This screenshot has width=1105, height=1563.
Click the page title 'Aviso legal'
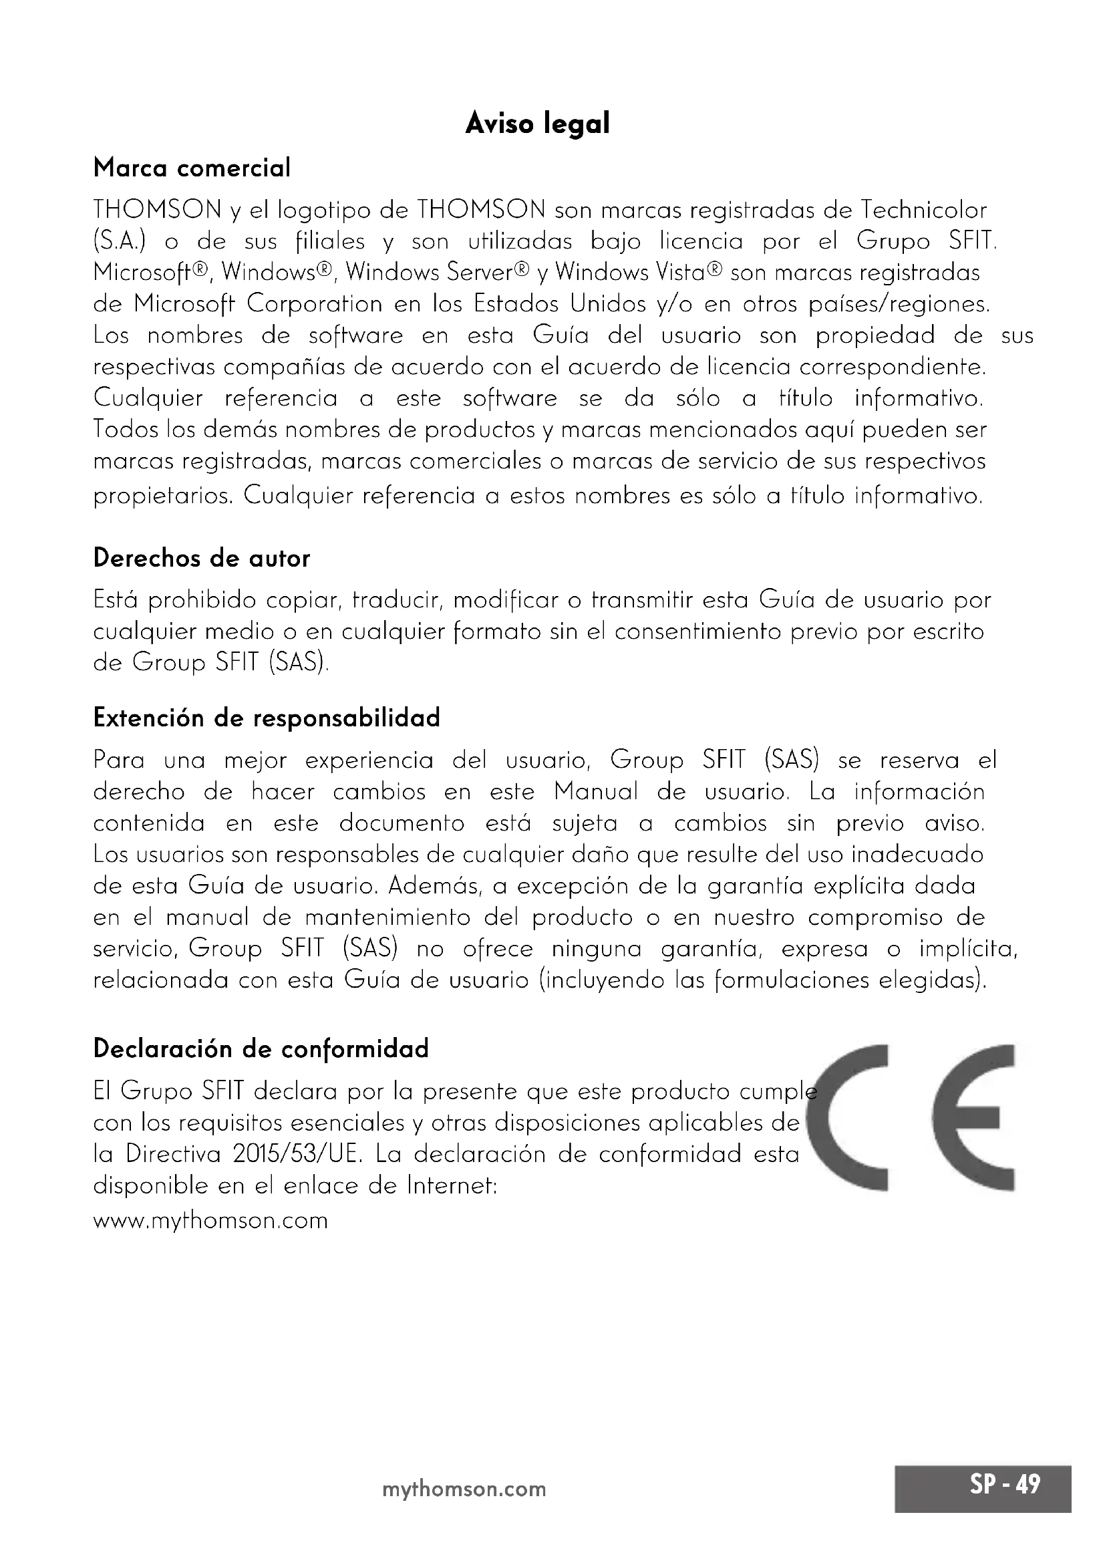click(537, 124)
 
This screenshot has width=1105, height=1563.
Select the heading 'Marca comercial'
click(192, 168)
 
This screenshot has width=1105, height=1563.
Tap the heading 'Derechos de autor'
click(201, 558)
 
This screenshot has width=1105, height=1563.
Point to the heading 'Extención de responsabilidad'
click(267, 718)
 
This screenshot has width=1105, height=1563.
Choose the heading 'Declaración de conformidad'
click(261, 1048)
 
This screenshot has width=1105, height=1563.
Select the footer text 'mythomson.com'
click(464, 1489)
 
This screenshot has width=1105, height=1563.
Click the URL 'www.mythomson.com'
click(210, 1220)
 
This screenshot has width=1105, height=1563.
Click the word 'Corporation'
click(315, 303)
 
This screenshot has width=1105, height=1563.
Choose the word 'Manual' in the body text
click(596, 792)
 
